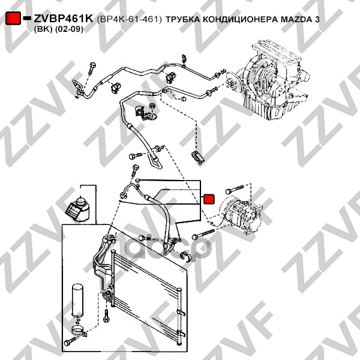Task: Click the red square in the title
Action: tap(13, 18)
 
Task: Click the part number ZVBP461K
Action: tap(64, 19)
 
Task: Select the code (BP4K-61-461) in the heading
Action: tap(129, 19)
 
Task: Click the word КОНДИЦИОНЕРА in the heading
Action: tap(239, 20)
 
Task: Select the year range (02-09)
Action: tap(69, 29)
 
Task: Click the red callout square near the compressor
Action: tap(209, 199)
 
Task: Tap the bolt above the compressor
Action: tap(234, 190)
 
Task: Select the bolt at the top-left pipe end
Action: tap(91, 68)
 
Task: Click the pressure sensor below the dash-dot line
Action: tap(197, 157)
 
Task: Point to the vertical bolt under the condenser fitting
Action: tap(106, 315)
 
